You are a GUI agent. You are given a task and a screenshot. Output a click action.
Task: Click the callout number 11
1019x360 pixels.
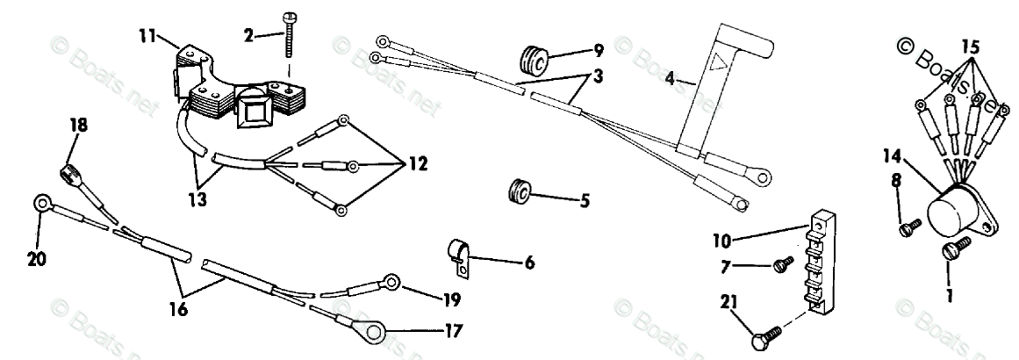(x=147, y=36)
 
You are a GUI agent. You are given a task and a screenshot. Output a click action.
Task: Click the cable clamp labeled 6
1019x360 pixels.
(x=456, y=256)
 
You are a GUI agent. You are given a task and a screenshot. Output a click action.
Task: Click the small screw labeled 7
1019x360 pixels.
(x=779, y=267)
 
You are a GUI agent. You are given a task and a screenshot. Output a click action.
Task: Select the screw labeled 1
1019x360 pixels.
(x=951, y=250)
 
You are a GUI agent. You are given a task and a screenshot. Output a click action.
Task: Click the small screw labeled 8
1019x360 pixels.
(x=911, y=226)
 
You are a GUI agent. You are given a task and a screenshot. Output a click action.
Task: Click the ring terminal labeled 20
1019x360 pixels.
(x=41, y=204)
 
